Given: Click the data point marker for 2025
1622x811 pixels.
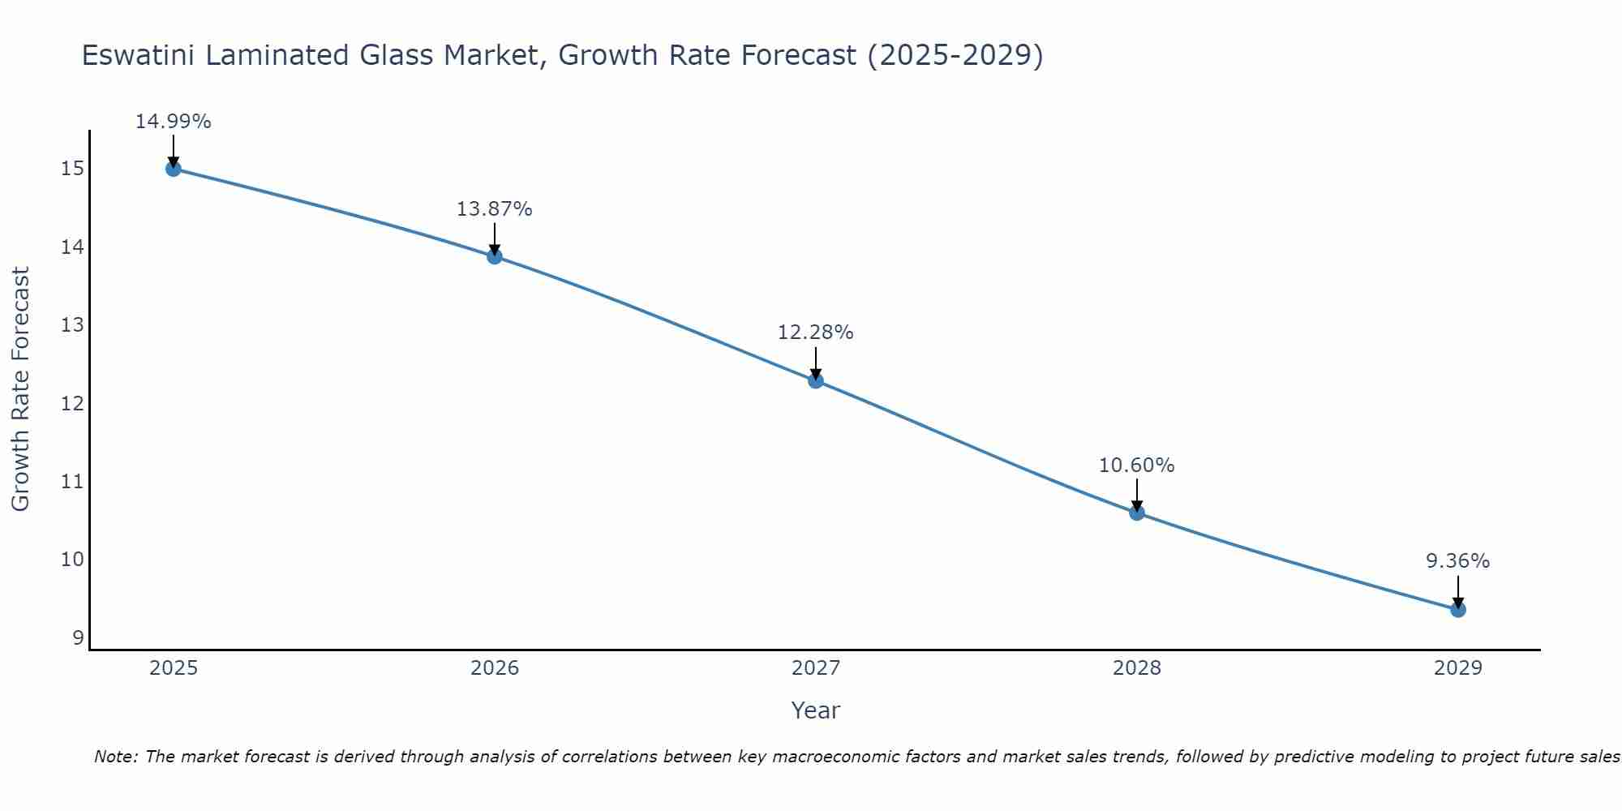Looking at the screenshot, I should [173, 169].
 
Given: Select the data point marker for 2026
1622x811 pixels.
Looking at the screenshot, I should [495, 256].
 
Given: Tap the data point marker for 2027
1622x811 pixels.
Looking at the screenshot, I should [816, 380].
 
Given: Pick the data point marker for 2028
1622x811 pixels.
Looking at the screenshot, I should [1137, 513].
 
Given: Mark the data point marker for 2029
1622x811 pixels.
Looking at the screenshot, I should [1458, 610].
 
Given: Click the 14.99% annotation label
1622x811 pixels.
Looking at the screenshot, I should [173, 122].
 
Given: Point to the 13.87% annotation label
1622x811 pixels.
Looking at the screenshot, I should [494, 209].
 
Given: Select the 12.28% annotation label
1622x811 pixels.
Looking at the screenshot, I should [815, 333].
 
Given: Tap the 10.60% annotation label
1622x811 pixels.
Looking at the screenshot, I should [1136, 466].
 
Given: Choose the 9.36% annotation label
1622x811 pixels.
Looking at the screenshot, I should [1457, 561].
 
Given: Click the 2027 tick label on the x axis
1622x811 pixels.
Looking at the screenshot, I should [816, 668].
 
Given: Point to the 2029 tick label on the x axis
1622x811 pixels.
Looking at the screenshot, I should [1458, 668].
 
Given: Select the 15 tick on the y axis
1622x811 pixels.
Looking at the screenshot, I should [71, 169].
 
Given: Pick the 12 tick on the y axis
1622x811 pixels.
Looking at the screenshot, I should [71, 404].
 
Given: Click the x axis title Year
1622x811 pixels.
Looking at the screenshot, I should [815, 710].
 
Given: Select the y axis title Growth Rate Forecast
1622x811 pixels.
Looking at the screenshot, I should [20, 389].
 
